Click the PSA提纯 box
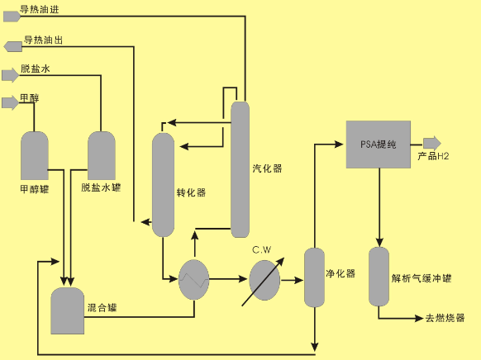pos(379,144)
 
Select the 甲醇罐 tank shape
pos(35,156)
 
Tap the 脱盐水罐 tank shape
pos(102,156)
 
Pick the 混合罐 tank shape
pos(68,310)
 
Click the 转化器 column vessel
pos(163,185)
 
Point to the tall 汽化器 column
pos(240,169)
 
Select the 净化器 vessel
pos(314,277)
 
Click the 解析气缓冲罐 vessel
pos(379,277)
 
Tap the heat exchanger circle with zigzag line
pos(194,279)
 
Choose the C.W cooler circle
pos(264,281)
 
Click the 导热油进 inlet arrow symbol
pos(12,17)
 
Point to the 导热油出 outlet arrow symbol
pos(13,46)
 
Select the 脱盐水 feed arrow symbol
pos(11,75)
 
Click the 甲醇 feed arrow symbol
pos(11,102)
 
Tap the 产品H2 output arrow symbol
pos(432,143)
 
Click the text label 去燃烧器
pos(445,318)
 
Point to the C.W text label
pos(262,250)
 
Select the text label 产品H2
pos(433,156)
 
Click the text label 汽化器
pos(267,168)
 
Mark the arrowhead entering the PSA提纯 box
pos(339,144)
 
